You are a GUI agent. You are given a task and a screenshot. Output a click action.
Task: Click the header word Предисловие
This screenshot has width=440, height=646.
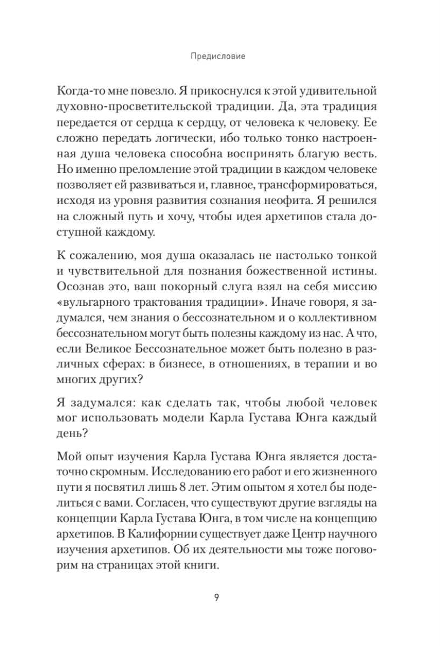pos(220,55)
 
